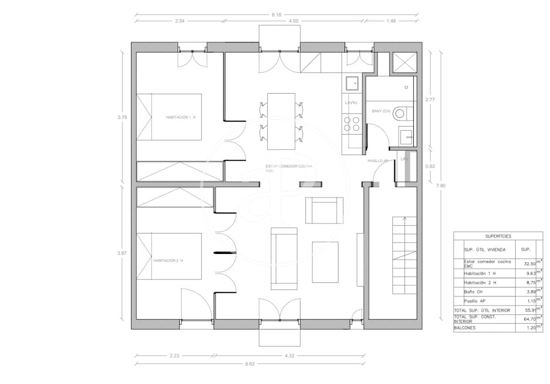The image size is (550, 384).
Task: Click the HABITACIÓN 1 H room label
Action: pos(180,117)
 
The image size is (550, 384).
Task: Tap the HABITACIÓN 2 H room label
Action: pos(168,260)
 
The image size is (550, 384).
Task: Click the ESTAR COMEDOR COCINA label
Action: pos(289,166)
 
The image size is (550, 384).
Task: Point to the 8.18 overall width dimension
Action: pos(276,15)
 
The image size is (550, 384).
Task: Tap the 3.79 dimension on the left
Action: pos(122,117)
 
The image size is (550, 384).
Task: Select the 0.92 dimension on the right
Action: pos(430,167)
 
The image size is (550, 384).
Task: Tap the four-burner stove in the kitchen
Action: pos(352,124)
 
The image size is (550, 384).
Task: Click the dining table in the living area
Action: pos(281,121)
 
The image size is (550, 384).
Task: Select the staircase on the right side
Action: pos(404,255)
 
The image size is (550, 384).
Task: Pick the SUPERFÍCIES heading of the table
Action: pos(498,236)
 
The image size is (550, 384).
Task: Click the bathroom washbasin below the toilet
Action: pos(406,136)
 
